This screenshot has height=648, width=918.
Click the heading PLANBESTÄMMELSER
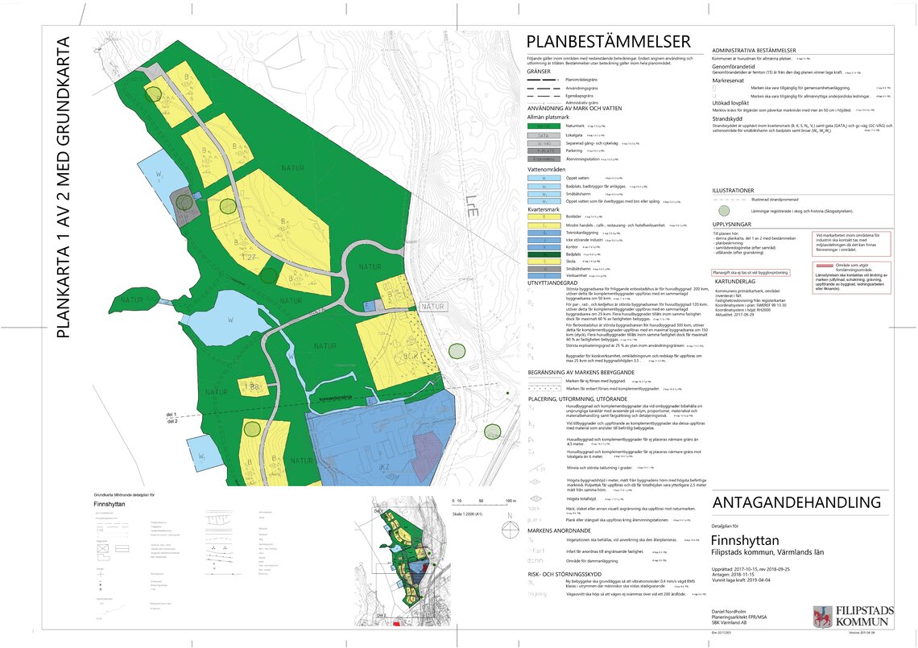(x=608, y=43)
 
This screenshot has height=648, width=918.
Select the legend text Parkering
(x=575, y=151)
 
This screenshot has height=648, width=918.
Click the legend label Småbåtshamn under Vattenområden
(x=577, y=194)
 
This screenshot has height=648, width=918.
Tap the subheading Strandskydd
(x=727, y=118)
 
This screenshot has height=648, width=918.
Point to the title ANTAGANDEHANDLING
(x=796, y=502)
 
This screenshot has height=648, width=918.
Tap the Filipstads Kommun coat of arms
(x=820, y=616)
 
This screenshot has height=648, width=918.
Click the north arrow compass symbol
(x=511, y=530)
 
